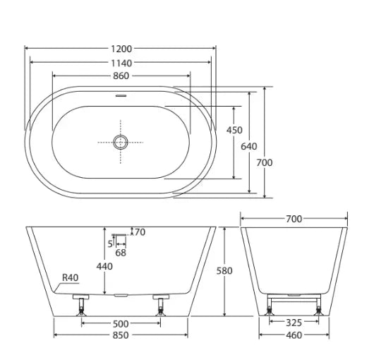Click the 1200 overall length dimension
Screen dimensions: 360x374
click(x=121, y=49)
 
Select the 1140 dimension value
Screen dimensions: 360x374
click(x=121, y=62)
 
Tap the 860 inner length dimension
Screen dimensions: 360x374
click(x=121, y=75)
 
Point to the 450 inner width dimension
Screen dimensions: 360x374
click(x=234, y=130)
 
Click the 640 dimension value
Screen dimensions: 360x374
click(x=249, y=146)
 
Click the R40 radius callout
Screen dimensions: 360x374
click(x=70, y=277)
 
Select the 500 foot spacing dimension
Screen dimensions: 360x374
click(x=121, y=323)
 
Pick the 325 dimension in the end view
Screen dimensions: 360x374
click(x=294, y=323)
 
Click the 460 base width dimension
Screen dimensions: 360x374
click(x=294, y=335)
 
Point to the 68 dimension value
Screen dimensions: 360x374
click(x=121, y=252)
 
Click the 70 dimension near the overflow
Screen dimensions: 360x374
click(x=139, y=232)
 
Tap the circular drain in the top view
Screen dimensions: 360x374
click(x=121, y=142)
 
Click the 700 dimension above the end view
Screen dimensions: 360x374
click(x=294, y=219)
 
